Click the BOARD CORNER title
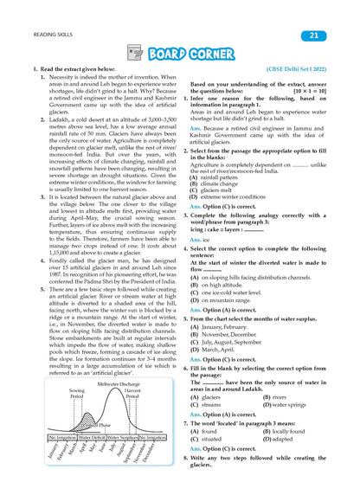click(x=190, y=54)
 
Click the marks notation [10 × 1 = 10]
click(x=308, y=88)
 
